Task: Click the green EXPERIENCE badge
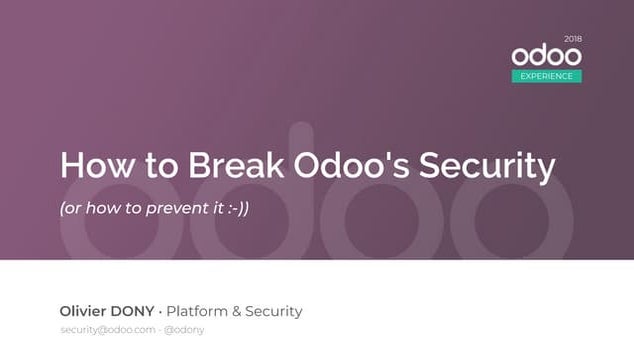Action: coord(546,76)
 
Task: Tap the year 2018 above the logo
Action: coord(572,39)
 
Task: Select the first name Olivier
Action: coord(85,311)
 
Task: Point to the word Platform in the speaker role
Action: coord(199,311)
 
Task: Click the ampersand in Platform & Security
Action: coord(240,311)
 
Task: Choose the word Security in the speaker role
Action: coord(275,311)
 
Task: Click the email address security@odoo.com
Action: coord(108,330)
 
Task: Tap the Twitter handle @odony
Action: coord(184,330)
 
